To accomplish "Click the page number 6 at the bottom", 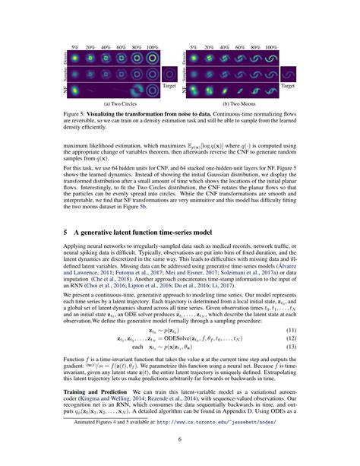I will click(180, 439).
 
